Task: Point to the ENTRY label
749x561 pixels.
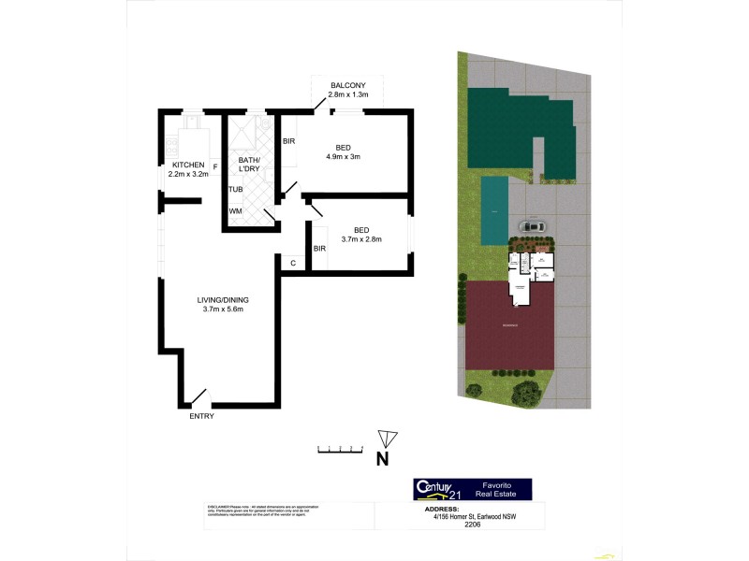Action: click(201, 416)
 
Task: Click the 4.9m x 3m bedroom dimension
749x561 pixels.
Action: click(343, 156)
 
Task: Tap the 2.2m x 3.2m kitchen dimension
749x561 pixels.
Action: click(187, 175)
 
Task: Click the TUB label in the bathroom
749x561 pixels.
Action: click(236, 190)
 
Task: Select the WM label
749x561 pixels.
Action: click(235, 211)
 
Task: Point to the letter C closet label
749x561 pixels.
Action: click(293, 263)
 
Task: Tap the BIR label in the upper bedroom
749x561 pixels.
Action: click(289, 141)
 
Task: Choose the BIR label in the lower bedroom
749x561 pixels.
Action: click(319, 249)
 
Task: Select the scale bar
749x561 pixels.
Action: click(339, 451)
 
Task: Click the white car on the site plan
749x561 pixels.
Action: click(532, 226)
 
